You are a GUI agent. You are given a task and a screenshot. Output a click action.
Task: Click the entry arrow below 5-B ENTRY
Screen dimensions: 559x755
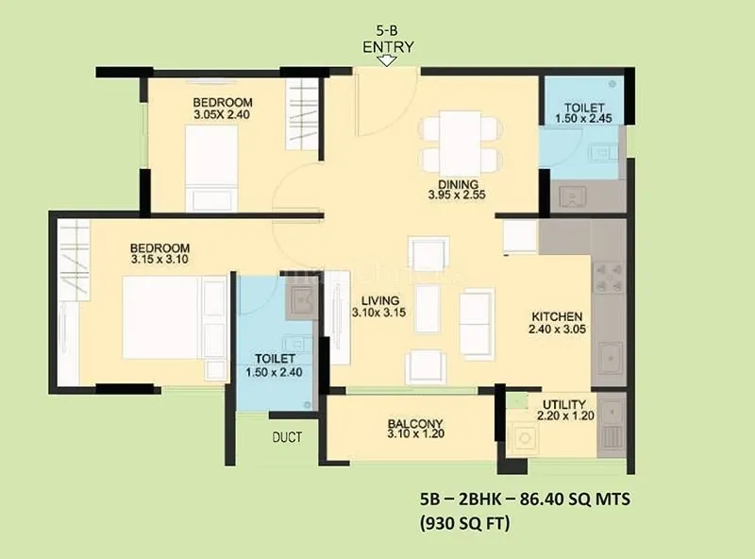pyautogui.click(x=385, y=61)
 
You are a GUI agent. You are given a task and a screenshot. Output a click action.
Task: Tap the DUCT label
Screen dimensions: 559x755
pyautogui.click(x=287, y=437)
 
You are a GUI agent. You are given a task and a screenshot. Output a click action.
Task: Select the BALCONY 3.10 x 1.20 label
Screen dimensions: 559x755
pyautogui.click(x=415, y=429)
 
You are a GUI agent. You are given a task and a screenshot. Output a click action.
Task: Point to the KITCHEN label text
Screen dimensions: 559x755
pyautogui.click(x=556, y=316)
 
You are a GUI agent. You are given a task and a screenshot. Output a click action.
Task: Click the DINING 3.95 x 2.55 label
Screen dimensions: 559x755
pyautogui.click(x=458, y=190)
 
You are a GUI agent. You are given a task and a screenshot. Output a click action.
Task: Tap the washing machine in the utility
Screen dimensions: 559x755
pyautogui.click(x=523, y=436)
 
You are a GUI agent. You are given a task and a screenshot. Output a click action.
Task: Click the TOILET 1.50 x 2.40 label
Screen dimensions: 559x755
pyautogui.click(x=276, y=365)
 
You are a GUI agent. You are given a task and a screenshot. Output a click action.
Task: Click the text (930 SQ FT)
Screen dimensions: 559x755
pyautogui.click(x=465, y=522)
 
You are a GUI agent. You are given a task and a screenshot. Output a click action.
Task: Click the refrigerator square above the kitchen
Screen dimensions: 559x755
pyautogui.click(x=520, y=237)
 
